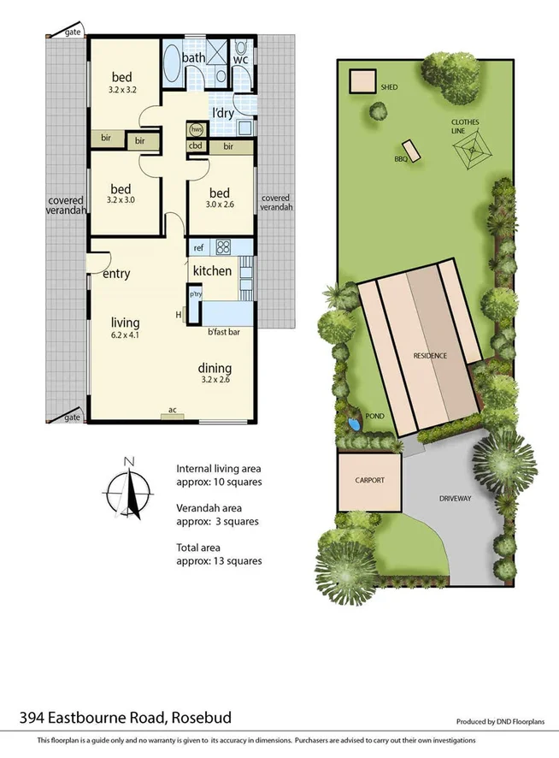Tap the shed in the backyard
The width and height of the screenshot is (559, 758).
[x=362, y=82]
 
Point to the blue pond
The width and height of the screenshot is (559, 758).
[x=354, y=423]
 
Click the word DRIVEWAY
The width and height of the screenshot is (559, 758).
[x=456, y=497]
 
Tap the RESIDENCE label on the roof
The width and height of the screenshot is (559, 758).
[x=431, y=356]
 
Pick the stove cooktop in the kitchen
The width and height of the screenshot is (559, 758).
[x=224, y=247]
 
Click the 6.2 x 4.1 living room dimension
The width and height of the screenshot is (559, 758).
[x=125, y=335]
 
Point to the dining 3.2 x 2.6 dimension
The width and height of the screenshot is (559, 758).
[x=216, y=381]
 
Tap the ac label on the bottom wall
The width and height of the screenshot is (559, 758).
[x=173, y=411]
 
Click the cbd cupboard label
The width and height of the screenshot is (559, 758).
[x=195, y=145]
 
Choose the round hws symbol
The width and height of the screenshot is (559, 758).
[x=196, y=129]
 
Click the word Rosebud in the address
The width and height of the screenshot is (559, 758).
[x=203, y=717]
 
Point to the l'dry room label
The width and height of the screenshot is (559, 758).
[x=224, y=114]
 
